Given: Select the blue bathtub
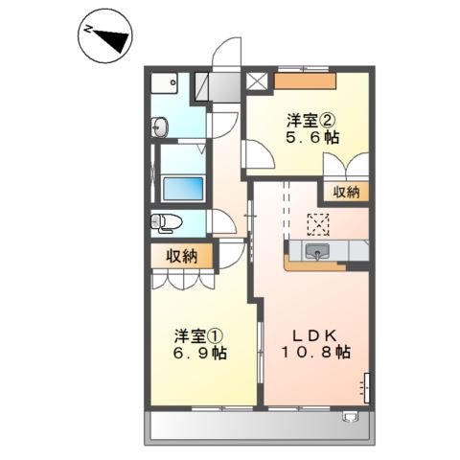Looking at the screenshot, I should pos(183,187).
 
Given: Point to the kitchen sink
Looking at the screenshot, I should pos(317,252).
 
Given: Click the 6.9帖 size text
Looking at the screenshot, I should pos(200,355).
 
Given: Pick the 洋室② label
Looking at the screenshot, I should pos(309,121).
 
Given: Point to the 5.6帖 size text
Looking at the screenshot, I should pos(310,139).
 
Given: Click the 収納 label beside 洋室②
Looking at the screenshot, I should pos(346,192).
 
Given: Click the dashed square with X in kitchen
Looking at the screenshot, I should pos(316,223).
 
